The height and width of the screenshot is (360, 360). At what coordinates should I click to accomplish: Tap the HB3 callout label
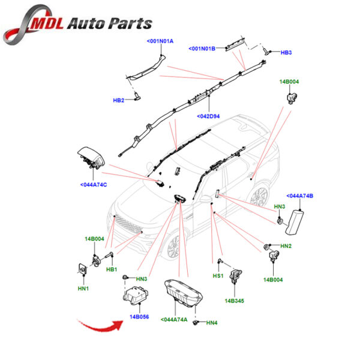pyautogui.click(x=286, y=53)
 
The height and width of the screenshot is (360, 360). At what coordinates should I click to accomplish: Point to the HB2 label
pyautogui.click(x=118, y=100)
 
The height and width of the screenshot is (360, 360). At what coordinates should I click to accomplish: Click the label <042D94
pyautogui.click(x=210, y=116)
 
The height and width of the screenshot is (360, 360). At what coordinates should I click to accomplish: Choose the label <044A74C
pyautogui.click(x=93, y=184)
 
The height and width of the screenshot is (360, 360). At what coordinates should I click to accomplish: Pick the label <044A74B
pyautogui.click(x=301, y=196)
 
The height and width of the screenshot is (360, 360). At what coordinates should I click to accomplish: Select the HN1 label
pyautogui.click(x=83, y=289)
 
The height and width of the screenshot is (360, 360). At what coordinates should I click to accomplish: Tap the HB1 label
pyautogui.click(x=112, y=269)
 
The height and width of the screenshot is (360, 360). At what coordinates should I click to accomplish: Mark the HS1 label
pyautogui.click(x=218, y=277)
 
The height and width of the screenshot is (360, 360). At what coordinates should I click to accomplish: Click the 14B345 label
pyautogui.click(x=235, y=301)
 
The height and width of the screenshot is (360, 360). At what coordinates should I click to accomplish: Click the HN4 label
pyautogui.click(x=212, y=323)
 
